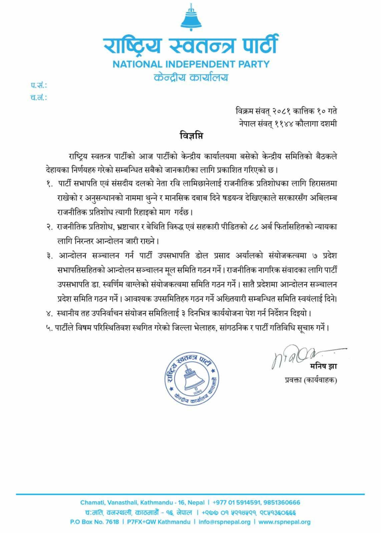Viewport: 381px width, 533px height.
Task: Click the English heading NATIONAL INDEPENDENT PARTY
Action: (x=191, y=64)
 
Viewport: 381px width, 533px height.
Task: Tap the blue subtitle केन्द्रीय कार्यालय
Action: (x=191, y=77)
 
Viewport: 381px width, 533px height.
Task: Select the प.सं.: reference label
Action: (x=39, y=85)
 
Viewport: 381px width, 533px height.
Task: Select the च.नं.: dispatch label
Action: (x=39, y=97)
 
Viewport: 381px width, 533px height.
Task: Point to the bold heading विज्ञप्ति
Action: (x=191, y=135)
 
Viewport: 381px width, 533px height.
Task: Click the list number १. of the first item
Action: (x=50, y=184)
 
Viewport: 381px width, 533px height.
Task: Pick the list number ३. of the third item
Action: (x=50, y=256)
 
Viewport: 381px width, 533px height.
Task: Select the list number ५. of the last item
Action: (x=49, y=328)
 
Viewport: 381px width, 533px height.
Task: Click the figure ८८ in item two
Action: (x=254, y=227)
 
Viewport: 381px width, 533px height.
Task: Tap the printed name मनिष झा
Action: (x=323, y=367)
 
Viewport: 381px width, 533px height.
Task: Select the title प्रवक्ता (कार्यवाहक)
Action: (x=311, y=380)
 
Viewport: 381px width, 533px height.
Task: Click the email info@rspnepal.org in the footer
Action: (x=224, y=522)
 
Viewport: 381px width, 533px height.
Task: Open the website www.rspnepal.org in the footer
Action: (x=284, y=522)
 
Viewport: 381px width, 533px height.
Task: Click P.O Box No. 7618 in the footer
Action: (x=94, y=522)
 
